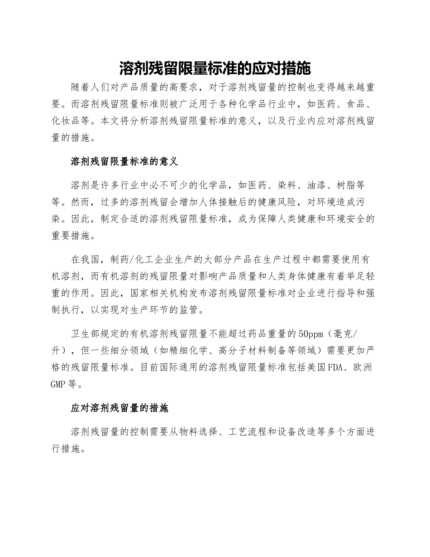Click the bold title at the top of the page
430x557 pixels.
[215, 68]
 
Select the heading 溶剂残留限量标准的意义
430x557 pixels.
[125, 161]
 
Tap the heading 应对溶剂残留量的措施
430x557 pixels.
[119, 408]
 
